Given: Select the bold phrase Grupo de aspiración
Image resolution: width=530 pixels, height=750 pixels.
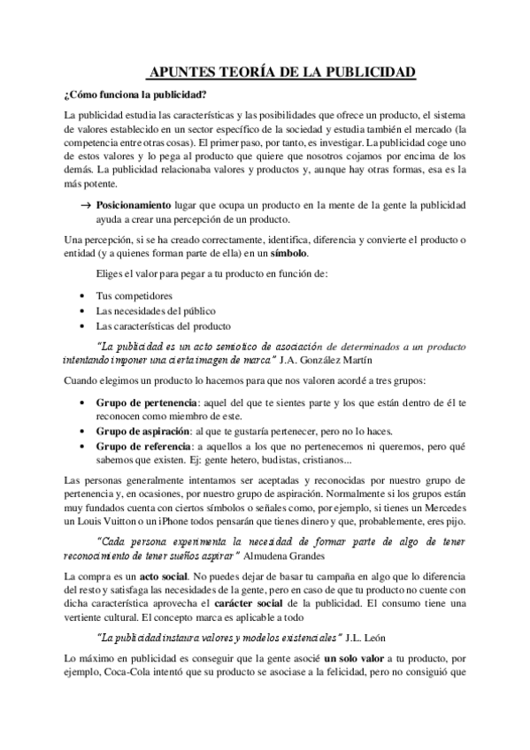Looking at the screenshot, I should (x=143, y=431).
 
